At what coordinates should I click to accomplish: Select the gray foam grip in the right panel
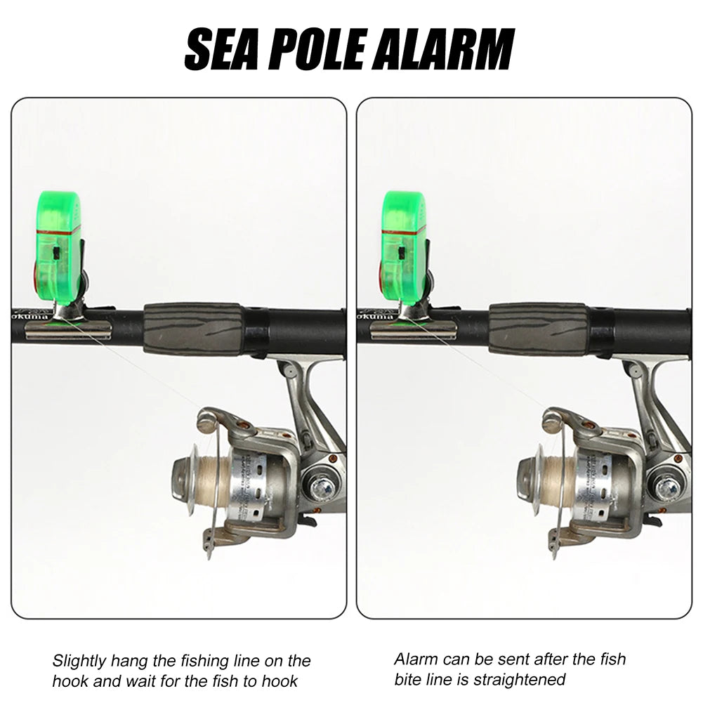point(538,328)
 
